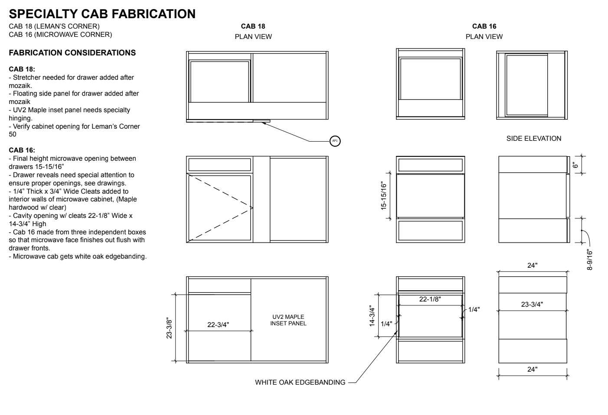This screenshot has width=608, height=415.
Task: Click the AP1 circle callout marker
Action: pos(335,141)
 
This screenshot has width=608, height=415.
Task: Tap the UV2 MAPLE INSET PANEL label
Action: pos(288,320)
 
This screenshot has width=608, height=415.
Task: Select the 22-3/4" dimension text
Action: pos(218,325)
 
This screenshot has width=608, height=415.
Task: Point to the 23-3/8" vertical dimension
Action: pos(169,328)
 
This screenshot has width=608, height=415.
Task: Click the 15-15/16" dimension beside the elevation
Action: pos(383,196)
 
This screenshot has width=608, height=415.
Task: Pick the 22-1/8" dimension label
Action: pos(430,299)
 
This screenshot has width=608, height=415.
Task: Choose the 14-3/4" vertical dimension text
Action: pos(372,316)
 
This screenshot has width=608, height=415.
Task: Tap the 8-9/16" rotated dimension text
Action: pos(589,259)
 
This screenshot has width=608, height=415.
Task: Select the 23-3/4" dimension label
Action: pos(532,305)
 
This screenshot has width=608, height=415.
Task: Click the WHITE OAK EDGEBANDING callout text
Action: pos(300,382)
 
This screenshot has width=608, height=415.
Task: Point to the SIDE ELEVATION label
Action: pos(534,139)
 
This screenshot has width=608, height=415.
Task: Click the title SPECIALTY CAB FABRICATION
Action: pos(102,14)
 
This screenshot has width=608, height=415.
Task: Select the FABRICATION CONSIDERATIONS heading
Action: pos(72,52)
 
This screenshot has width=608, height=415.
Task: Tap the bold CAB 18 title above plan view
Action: pos(253,26)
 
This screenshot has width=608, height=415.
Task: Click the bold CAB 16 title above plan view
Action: pos(484,26)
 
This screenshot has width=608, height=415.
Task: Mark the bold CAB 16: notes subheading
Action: pos(22,150)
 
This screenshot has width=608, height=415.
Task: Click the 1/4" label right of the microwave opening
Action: pos(474,310)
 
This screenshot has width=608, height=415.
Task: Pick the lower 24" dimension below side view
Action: pos(532,370)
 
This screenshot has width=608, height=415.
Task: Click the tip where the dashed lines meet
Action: pos(253,208)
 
